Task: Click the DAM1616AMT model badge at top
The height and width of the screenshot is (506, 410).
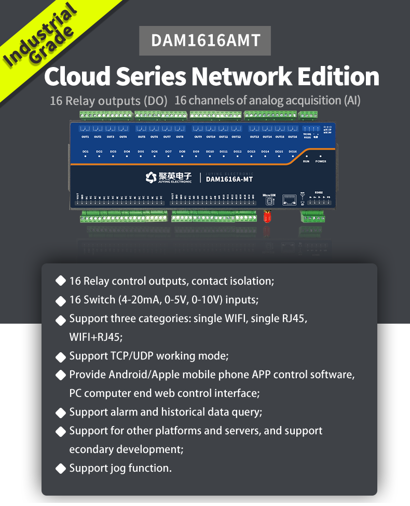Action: click(205, 41)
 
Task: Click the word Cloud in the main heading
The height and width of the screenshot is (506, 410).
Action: click(77, 77)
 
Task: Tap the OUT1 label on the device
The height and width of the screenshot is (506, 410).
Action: click(86, 137)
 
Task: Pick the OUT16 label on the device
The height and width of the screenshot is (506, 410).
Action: click(293, 137)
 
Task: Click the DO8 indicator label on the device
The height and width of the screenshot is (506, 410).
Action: click(182, 152)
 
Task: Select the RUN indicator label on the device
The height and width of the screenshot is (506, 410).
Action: click(306, 162)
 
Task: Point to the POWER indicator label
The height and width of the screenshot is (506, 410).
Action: click(321, 162)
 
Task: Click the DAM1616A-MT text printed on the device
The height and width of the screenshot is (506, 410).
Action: click(229, 180)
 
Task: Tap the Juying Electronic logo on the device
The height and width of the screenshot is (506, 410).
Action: click(169, 178)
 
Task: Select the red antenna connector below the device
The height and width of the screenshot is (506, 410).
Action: click(268, 216)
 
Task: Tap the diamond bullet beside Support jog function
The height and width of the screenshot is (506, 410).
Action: click(60, 468)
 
